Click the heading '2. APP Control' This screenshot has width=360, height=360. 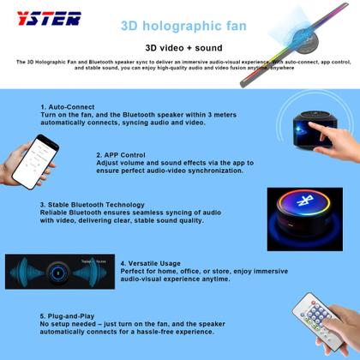124,155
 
